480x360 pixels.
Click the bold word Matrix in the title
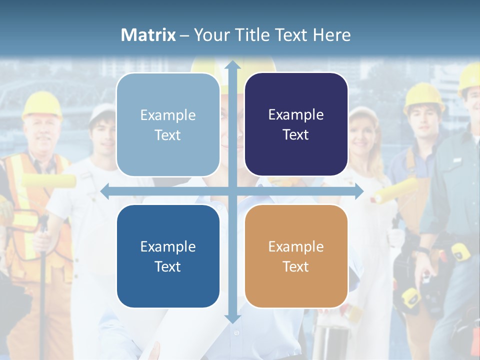[148, 35]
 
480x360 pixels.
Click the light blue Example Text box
[168, 125]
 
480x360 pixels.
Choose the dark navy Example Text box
[296, 124]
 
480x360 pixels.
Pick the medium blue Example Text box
[168, 256]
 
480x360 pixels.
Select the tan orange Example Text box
[296, 256]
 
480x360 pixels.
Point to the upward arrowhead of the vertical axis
[232, 65]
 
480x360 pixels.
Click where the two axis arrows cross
[232, 191]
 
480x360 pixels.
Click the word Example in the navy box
[296, 115]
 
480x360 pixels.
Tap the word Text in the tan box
[296, 266]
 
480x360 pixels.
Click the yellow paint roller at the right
[395, 190]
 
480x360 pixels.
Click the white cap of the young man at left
[102, 112]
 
